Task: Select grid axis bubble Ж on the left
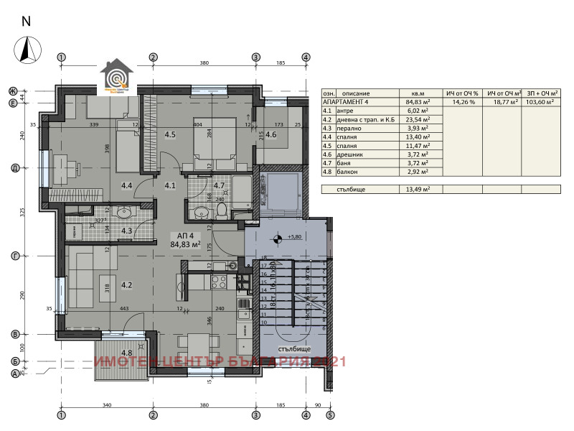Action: click(13, 91)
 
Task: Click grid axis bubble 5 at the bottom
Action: click(330, 414)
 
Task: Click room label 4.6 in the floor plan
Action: click(271, 134)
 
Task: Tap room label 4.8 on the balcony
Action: click(126, 353)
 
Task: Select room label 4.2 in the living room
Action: click(126, 285)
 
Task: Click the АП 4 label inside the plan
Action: click(185, 235)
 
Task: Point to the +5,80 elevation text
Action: click(293, 237)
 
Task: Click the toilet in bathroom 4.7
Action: click(222, 211)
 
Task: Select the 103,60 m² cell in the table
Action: click(540, 103)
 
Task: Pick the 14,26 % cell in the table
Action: click(462, 103)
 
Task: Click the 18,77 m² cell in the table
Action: click(501, 103)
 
